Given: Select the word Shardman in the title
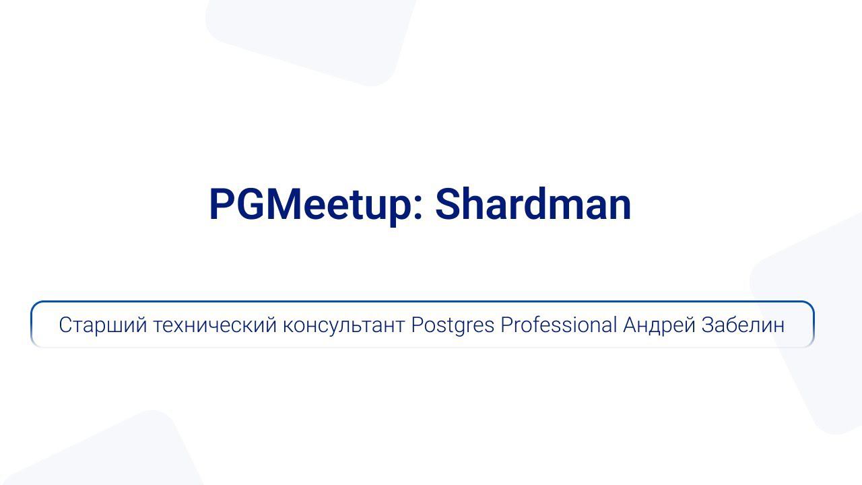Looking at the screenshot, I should point(533,204).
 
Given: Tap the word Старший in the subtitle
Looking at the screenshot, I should point(102,325).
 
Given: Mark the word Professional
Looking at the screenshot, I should point(558,325).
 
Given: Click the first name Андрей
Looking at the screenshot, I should point(659,325).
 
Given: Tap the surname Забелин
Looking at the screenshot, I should point(743,325).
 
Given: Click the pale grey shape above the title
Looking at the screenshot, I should point(310,37).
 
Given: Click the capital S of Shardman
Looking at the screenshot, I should point(448,204).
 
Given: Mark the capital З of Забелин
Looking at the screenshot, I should point(709,325).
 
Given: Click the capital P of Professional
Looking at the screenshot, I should point(506,325).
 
